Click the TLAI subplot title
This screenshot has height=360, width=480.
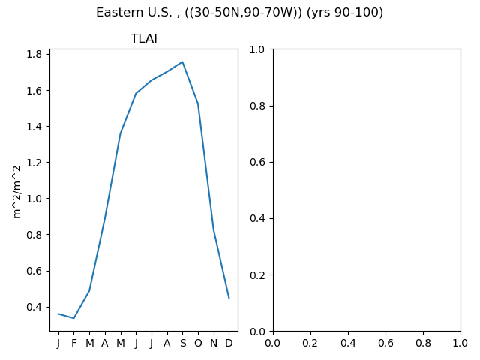point(143,38)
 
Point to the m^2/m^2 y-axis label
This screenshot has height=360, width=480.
point(17,192)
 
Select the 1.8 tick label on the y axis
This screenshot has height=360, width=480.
point(34,54)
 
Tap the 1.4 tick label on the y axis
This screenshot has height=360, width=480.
point(34,127)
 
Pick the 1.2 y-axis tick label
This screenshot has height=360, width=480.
point(34,163)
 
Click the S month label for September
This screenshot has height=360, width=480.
point(183,343)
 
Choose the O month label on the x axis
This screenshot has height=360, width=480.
point(198,343)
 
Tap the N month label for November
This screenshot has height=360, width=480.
point(214,343)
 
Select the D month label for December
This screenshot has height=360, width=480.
point(229,343)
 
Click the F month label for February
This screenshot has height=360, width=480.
point(73,343)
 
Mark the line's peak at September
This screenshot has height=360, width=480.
point(182,61)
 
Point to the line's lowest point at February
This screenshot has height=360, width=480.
point(73,318)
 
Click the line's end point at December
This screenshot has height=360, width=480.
point(229,298)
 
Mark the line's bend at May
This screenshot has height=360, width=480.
point(120,133)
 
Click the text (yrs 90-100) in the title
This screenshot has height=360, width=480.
point(345,13)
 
